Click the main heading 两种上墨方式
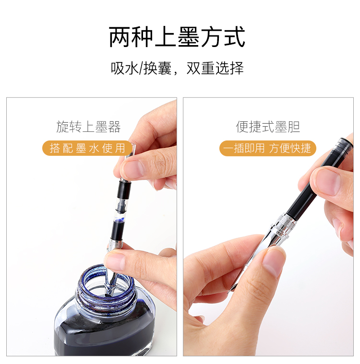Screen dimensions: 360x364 pyautogui.click(x=177, y=36)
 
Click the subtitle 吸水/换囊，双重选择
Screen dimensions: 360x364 pyautogui.click(x=177, y=68)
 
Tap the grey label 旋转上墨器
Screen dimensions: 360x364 pyautogui.click(x=88, y=127)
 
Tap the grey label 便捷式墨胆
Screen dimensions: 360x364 pyautogui.click(x=268, y=127)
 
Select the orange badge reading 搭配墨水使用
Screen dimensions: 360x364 pyautogui.click(x=88, y=148)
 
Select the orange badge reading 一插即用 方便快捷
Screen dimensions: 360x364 pyautogui.click(x=268, y=148)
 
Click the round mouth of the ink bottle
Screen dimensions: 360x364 pyautogui.click(x=106, y=285)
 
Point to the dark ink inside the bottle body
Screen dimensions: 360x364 pyautogui.click(x=105, y=334)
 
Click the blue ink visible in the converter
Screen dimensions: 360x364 pyautogui.click(x=120, y=221)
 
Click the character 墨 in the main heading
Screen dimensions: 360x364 pyautogui.click(x=189, y=36)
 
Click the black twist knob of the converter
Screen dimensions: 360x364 pyautogui.click(x=124, y=189)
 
